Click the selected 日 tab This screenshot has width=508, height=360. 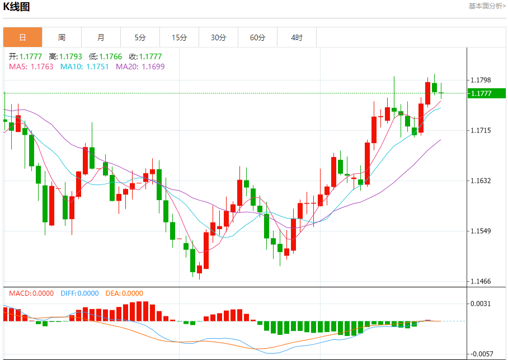point(22,37)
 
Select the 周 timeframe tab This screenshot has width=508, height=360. point(62,37)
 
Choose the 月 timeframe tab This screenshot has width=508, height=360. point(101,37)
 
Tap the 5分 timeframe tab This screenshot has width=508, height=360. point(140,37)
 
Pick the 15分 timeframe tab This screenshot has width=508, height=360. point(179,37)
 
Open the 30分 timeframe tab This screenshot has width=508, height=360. point(218,37)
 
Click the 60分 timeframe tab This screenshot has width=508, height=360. point(257,37)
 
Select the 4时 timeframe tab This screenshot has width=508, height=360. point(297,37)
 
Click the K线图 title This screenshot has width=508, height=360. point(17,7)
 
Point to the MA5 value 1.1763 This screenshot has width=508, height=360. point(42,67)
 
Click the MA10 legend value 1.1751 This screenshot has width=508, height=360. point(97,67)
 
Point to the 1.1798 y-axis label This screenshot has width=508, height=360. point(481,80)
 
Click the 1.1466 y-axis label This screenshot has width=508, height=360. point(481,281)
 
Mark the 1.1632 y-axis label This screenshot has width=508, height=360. point(481,181)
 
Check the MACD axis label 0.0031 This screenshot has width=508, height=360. point(481,304)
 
